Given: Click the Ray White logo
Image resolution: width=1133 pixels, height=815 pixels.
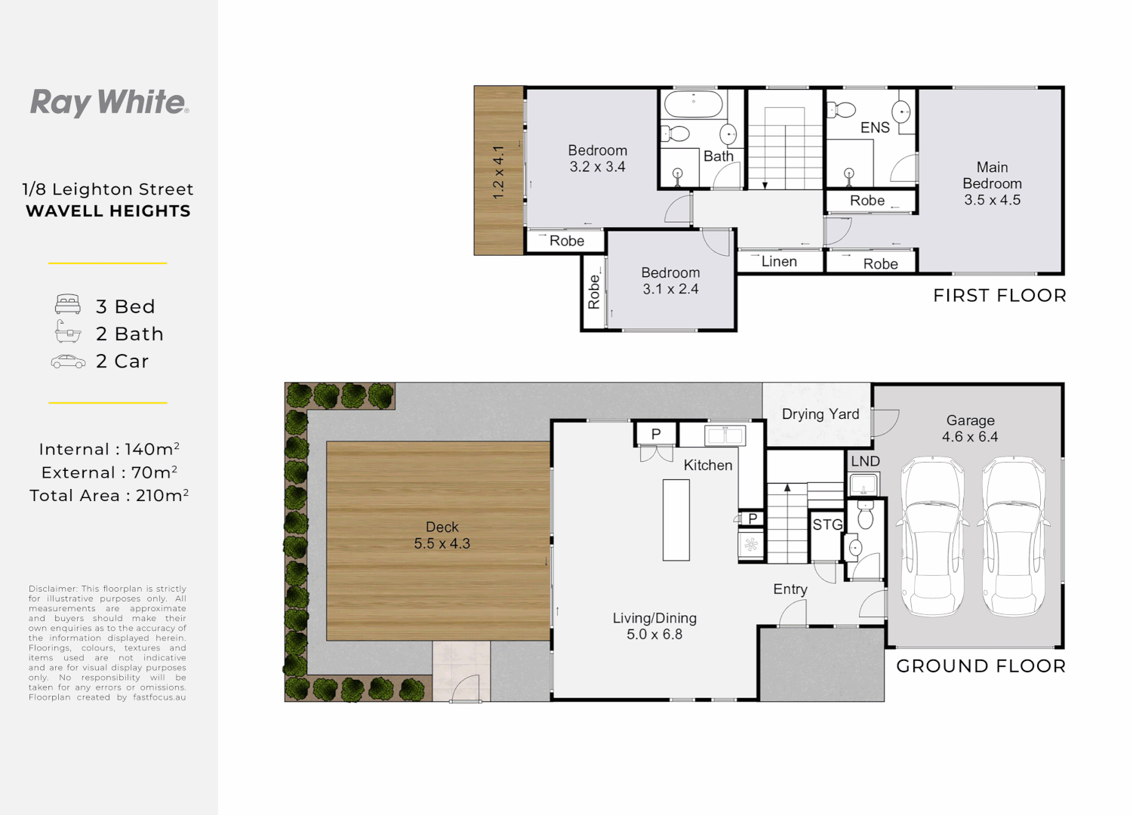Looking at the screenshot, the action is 109,103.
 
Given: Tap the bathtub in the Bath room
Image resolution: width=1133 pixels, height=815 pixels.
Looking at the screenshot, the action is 693,104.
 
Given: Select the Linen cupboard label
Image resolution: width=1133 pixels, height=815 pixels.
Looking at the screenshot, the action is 779,261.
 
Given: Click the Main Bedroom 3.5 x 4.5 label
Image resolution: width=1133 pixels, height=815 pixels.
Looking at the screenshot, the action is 992,183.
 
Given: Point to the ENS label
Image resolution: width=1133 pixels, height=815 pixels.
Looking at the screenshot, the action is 875,128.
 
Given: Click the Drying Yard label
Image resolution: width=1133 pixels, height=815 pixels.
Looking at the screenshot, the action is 821,414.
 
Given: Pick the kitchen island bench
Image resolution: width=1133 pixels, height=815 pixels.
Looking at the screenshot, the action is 676,520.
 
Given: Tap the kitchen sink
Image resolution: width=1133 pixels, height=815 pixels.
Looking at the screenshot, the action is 725,435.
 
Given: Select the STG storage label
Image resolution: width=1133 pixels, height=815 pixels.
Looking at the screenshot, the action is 827,524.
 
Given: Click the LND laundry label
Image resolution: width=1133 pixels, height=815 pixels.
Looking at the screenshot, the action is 865,461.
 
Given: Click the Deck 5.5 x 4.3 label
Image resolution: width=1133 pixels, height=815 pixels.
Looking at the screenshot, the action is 442,536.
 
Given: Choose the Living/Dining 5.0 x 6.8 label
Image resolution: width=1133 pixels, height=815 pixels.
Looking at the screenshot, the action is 654,626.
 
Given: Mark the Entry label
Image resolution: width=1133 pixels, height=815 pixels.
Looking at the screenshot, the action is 790,589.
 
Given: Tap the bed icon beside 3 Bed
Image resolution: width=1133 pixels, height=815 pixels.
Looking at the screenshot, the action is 68,304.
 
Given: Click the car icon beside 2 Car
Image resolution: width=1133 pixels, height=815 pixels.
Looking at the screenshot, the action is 68,361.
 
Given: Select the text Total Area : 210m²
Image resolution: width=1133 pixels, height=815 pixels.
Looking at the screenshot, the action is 109,495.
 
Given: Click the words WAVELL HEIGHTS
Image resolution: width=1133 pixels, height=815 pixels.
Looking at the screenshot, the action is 108,211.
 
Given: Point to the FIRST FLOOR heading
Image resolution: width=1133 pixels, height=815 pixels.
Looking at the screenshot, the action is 999,295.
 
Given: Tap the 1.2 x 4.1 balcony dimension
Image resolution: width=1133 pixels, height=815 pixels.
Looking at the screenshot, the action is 499,172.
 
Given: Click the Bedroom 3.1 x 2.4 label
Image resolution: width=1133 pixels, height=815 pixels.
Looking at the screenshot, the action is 670,281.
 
